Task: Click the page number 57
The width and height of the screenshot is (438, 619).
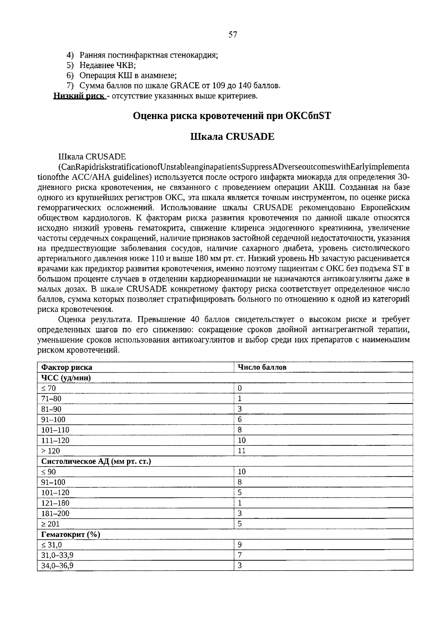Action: point(233,35)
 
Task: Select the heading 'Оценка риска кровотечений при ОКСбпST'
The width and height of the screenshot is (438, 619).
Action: point(232,116)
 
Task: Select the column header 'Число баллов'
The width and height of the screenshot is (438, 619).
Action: point(262,367)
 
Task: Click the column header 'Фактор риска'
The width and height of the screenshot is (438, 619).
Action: point(67,367)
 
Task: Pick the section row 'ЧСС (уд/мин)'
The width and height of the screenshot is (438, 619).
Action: point(66,378)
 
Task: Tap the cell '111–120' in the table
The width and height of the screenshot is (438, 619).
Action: point(55,440)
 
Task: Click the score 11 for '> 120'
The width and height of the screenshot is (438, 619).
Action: point(242,451)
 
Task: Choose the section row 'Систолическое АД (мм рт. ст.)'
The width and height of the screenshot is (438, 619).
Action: point(96,461)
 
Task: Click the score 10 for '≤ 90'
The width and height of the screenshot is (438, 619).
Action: point(242,472)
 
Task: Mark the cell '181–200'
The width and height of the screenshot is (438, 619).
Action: point(55,514)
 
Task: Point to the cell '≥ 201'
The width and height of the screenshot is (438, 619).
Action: point(50,524)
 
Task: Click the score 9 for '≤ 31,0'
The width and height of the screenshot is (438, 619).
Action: point(240,545)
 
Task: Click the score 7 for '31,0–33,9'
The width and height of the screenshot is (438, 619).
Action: point(240,555)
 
